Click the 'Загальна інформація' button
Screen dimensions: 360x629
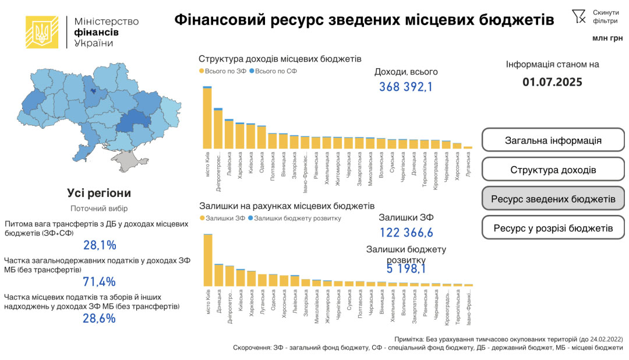point(553,140)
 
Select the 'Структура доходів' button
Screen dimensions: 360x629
point(553,170)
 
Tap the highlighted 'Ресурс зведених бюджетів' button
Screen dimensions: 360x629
point(553,199)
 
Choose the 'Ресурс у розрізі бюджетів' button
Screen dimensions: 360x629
point(553,228)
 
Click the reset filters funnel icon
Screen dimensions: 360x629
point(578,16)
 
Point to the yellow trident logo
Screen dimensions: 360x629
point(42,32)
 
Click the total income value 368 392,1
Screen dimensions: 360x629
point(406,87)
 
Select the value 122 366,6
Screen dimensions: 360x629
point(406,233)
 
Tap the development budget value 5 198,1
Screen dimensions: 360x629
point(406,269)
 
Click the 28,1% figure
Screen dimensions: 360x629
point(100,245)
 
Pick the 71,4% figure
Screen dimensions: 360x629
point(100,282)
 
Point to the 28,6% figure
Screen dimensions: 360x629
point(100,319)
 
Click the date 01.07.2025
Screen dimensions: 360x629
point(552,82)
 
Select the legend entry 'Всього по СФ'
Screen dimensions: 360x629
point(273,71)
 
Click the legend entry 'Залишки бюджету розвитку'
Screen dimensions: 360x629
point(297,218)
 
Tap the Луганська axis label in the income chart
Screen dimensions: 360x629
point(468,164)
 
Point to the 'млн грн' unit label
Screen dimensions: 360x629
point(607,38)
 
